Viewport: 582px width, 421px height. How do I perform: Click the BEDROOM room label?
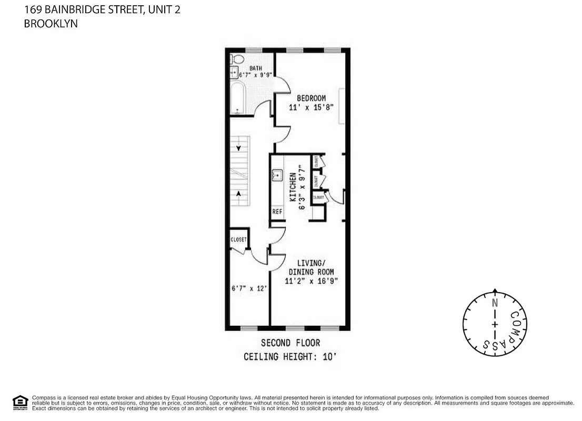pos(311,98)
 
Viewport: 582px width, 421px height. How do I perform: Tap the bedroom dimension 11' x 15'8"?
pos(311,107)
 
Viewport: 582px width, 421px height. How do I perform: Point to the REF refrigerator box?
pos(277,212)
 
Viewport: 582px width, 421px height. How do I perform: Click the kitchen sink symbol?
pos(277,175)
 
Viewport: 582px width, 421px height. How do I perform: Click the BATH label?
pos(256,68)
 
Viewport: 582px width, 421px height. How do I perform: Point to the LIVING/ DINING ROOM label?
pos(311,267)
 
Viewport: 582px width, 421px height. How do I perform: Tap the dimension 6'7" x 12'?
pos(249,288)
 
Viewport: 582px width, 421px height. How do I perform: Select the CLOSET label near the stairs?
pos(238,239)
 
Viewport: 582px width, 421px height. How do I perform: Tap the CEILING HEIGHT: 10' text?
pos(289,357)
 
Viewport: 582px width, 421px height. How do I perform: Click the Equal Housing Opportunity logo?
pos(20,402)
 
